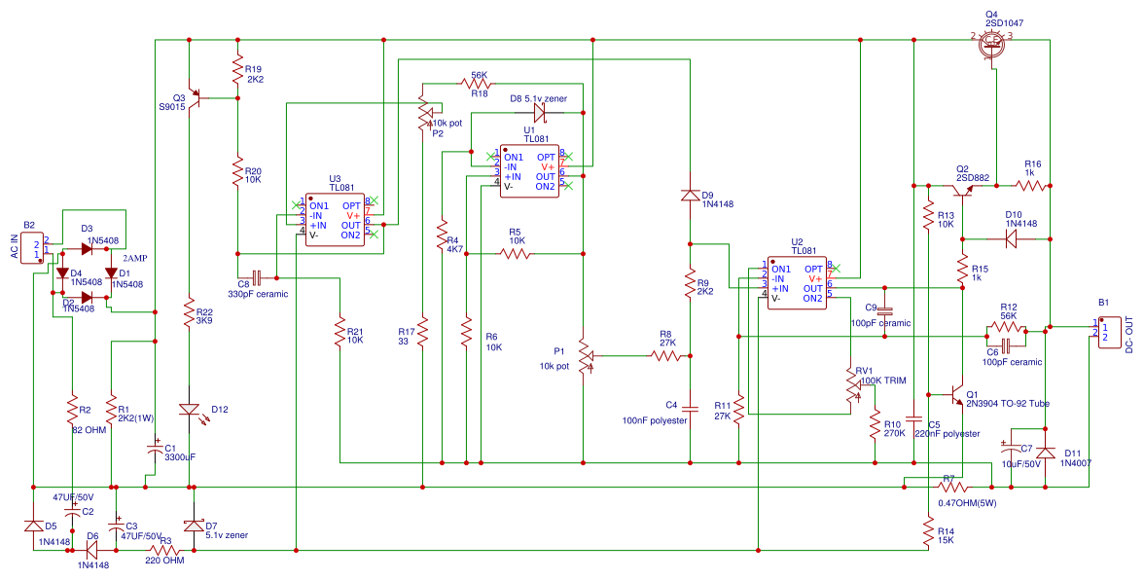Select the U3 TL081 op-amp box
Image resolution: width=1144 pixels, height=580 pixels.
coord(336,220)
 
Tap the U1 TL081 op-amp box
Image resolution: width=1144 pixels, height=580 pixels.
coord(529,171)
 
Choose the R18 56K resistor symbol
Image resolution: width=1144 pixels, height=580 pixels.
coord(479,86)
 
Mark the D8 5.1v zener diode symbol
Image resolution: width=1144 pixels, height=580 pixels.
coord(539,113)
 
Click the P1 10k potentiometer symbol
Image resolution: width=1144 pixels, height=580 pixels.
coord(584,356)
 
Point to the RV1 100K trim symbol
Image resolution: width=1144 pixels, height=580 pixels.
coord(853,387)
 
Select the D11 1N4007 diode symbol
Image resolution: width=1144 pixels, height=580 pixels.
coord(1046,453)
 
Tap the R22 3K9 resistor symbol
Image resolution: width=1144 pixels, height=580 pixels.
coord(192,311)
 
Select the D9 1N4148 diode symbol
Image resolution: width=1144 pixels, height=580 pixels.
coord(690,196)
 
